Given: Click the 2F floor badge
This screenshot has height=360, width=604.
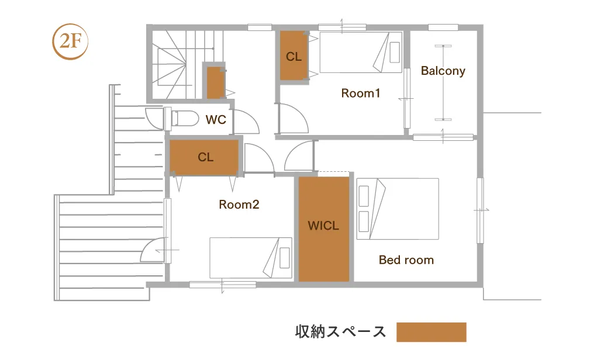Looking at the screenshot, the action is [70, 41].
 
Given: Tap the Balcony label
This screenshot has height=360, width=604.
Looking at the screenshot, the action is [443, 71].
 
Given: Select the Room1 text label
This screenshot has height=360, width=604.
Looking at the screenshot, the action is [361, 93].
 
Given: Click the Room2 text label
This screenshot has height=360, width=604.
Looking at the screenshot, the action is [239, 205].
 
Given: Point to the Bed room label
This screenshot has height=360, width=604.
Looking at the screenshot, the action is [406, 260].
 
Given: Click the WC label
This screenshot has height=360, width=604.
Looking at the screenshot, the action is [216, 120].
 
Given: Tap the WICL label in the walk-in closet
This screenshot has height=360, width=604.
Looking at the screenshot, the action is [323, 226].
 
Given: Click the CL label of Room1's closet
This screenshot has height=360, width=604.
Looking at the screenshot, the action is [294, 57].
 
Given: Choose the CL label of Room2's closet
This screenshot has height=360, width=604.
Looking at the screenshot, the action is [205, 157].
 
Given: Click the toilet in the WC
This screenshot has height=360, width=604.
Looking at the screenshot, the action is [184, 118].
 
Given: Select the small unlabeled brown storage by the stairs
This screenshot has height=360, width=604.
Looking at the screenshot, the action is [215, 83].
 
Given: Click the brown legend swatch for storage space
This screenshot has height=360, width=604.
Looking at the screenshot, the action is [432, 332].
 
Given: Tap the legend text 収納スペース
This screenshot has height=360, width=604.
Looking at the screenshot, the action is [340, 331].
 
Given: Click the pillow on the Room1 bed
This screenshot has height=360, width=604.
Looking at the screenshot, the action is [395, 53].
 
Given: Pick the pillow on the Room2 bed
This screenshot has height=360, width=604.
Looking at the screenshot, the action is [285, 258].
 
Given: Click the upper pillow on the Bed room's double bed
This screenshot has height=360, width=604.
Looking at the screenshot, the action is [364, 196].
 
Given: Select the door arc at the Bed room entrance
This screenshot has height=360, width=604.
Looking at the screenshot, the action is [293, 151].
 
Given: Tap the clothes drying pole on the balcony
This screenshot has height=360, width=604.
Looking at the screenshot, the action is [443, 83].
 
